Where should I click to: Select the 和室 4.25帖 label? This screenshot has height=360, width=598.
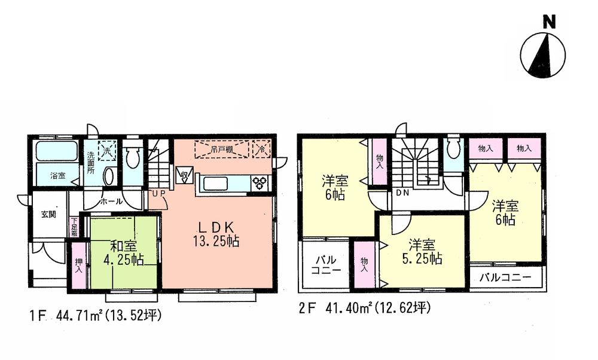tap(123, 255)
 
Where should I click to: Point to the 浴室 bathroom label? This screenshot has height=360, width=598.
tap(57, 176)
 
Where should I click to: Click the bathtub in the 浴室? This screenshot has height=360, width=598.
tap(56, 151)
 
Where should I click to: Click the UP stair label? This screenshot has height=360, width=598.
tap(158, 193)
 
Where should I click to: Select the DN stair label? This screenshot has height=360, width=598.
tap(402, 193)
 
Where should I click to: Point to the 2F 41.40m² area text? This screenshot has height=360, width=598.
tap(365, 310)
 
